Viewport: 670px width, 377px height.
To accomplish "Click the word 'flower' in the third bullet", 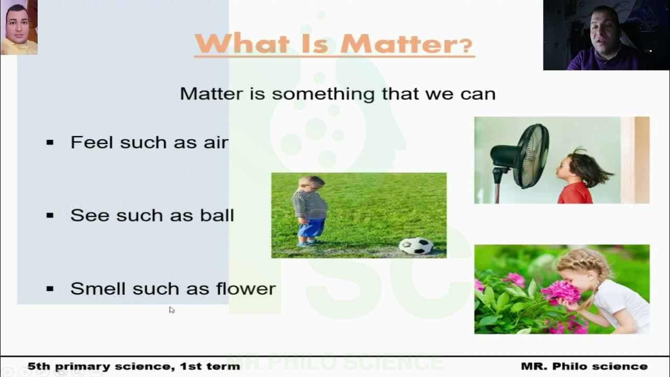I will (x=245, y=289).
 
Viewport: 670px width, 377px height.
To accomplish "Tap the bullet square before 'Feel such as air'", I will (x=50, y=142).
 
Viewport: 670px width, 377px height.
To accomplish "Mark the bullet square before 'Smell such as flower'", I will (x=50, y=289).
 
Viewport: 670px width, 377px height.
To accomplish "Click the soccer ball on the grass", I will (x=416, y=246).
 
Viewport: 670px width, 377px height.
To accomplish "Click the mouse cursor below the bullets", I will (x=171, y=309).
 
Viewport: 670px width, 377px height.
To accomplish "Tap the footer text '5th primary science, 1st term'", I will (x=133, y=367).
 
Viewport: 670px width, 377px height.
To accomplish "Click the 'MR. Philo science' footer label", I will (x=584, y=367).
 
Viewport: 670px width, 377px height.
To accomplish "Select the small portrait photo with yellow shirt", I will (x=19, y=27).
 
